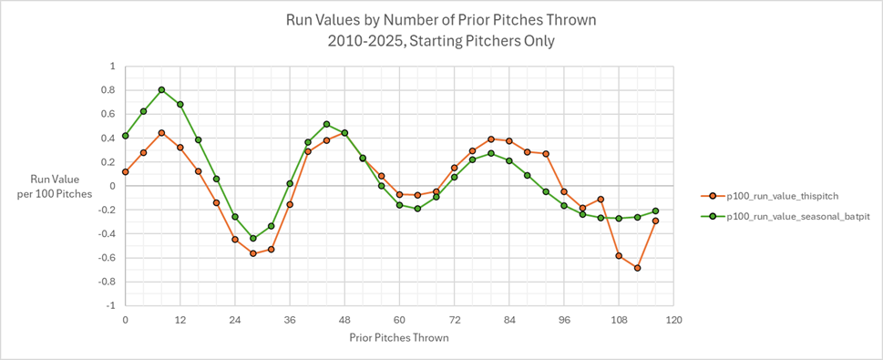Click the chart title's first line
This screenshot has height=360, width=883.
click(x=442, y=18)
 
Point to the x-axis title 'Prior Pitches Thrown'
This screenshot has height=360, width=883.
click(x=399, y=337)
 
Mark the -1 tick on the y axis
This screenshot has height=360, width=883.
click(x=112, y=305)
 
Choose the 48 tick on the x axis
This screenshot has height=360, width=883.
click(x=344, y=320)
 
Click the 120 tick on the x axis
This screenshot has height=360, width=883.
click(x=673, y=320)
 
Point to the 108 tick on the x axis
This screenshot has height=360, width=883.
click(x=619, y=320)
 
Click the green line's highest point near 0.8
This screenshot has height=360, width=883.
click(x=161, y=90)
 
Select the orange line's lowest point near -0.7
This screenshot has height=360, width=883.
click(x=638, y=268)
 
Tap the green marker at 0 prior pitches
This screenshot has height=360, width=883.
click(x=125, y=136)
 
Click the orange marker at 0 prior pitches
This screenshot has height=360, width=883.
click(x=125, y=171)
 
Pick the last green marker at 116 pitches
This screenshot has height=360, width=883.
click(x=655, y=211)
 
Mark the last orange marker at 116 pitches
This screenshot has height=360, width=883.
click(x=655, y=221)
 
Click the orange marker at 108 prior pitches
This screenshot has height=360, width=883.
click(x=619, y=255)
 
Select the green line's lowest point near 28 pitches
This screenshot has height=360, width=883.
click(x=253, y=239)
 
